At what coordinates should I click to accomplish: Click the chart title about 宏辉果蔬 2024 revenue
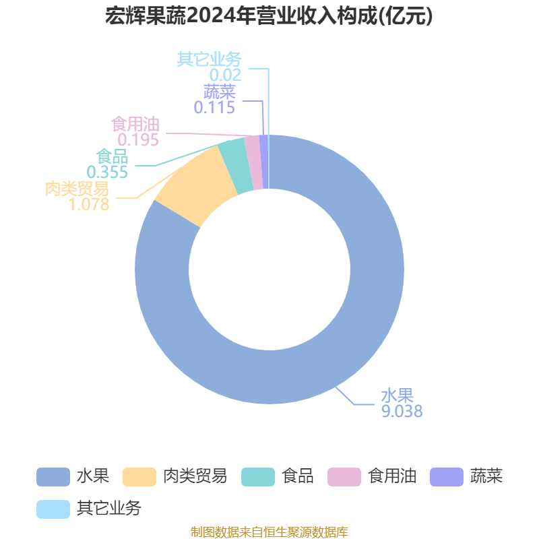coord(269,15)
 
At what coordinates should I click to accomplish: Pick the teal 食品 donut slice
coord(236,166)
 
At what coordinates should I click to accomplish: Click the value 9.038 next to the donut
coord(402,411)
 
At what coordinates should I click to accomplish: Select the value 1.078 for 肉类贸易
coord(89,205)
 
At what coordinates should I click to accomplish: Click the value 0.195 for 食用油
coord(138,140)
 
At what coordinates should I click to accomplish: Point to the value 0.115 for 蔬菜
coord(214,108)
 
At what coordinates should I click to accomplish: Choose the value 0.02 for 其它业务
coord(226,75)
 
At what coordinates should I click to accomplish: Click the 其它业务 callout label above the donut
coord(210,59)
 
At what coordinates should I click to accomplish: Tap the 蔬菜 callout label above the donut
coord(220,92)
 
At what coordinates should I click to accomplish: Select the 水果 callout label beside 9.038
coord(397,395)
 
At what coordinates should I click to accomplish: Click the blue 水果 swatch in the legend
coord(53,477)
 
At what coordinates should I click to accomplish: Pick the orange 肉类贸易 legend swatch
coord(139,477)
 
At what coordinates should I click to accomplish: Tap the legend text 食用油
coord(392,476)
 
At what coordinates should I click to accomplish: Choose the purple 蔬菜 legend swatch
coord(447,477)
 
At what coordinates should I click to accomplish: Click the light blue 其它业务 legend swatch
coord(53,509)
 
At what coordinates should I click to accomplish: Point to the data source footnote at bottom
coord(269,532)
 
